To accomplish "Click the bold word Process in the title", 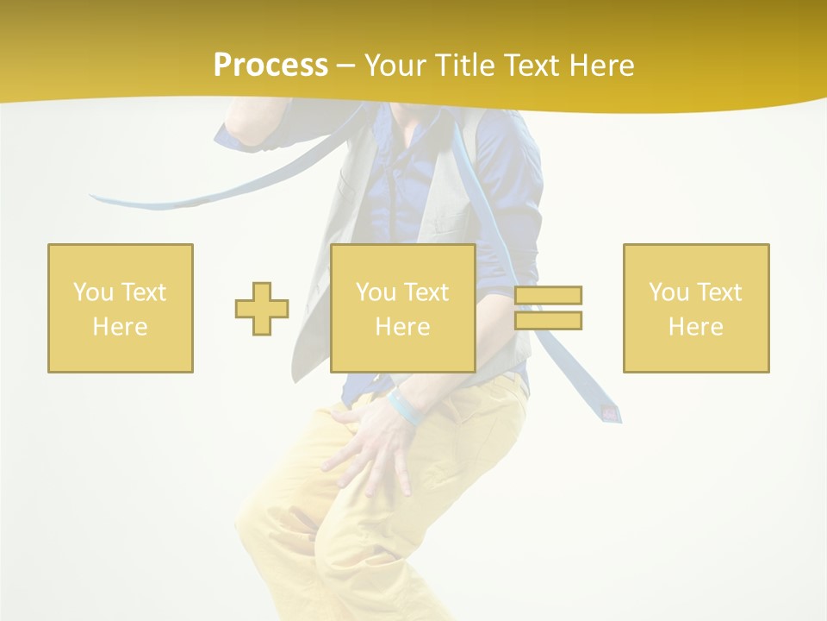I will [270, 66].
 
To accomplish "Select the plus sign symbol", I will [262, 309].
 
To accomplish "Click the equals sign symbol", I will [548, 308].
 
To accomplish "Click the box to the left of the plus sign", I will [121, 308].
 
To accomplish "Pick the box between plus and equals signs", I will [403, 308].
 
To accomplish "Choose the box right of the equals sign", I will [696, 308].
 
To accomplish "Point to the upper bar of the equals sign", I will [548, 296].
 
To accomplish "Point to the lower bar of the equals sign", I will [548, 320].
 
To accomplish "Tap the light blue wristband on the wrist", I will [405, 408].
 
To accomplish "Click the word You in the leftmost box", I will [93, 292].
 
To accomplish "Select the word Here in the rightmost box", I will [696, 327].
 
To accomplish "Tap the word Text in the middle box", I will [426, 292].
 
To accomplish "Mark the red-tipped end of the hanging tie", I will [610, 414].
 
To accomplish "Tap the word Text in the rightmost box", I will [719, 292].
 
